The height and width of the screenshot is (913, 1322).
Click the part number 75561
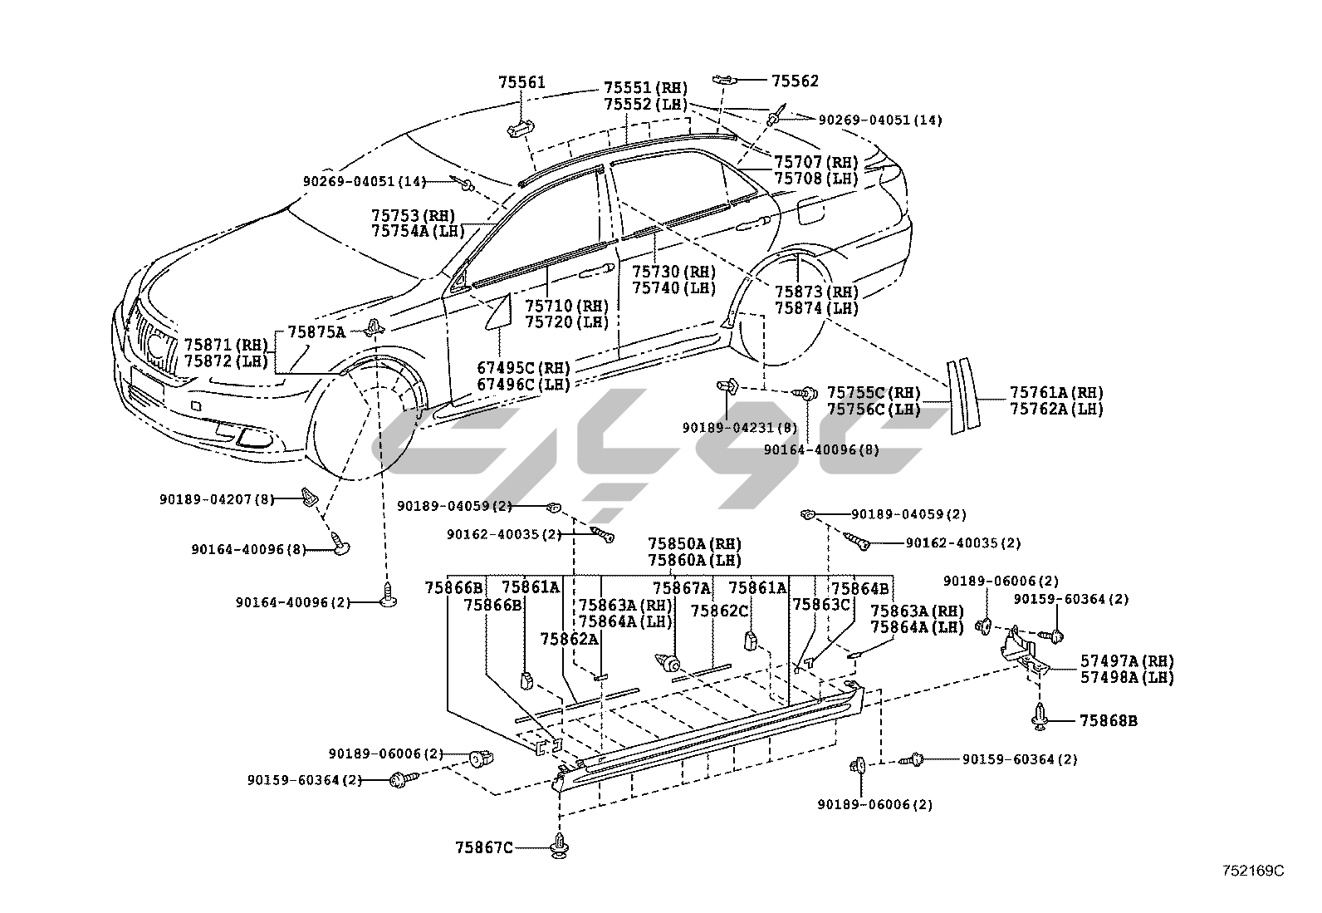(521, 82)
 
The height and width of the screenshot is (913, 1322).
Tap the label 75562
(795, 81)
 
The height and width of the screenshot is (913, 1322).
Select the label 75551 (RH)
(645, 88)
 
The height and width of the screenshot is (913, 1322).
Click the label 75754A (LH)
(419, 232)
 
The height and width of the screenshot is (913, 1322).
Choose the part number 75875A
(316, 331)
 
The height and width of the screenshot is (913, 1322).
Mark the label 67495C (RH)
(523, 368)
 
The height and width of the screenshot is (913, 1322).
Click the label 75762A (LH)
(1056, 409)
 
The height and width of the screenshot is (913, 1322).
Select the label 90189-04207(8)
(216, 499)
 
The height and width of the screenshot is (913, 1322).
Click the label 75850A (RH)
(695, 543)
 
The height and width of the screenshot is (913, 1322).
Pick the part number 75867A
(682, 588)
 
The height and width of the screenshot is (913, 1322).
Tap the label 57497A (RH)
(1127, 660)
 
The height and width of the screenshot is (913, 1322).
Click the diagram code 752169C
(1252, 871)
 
